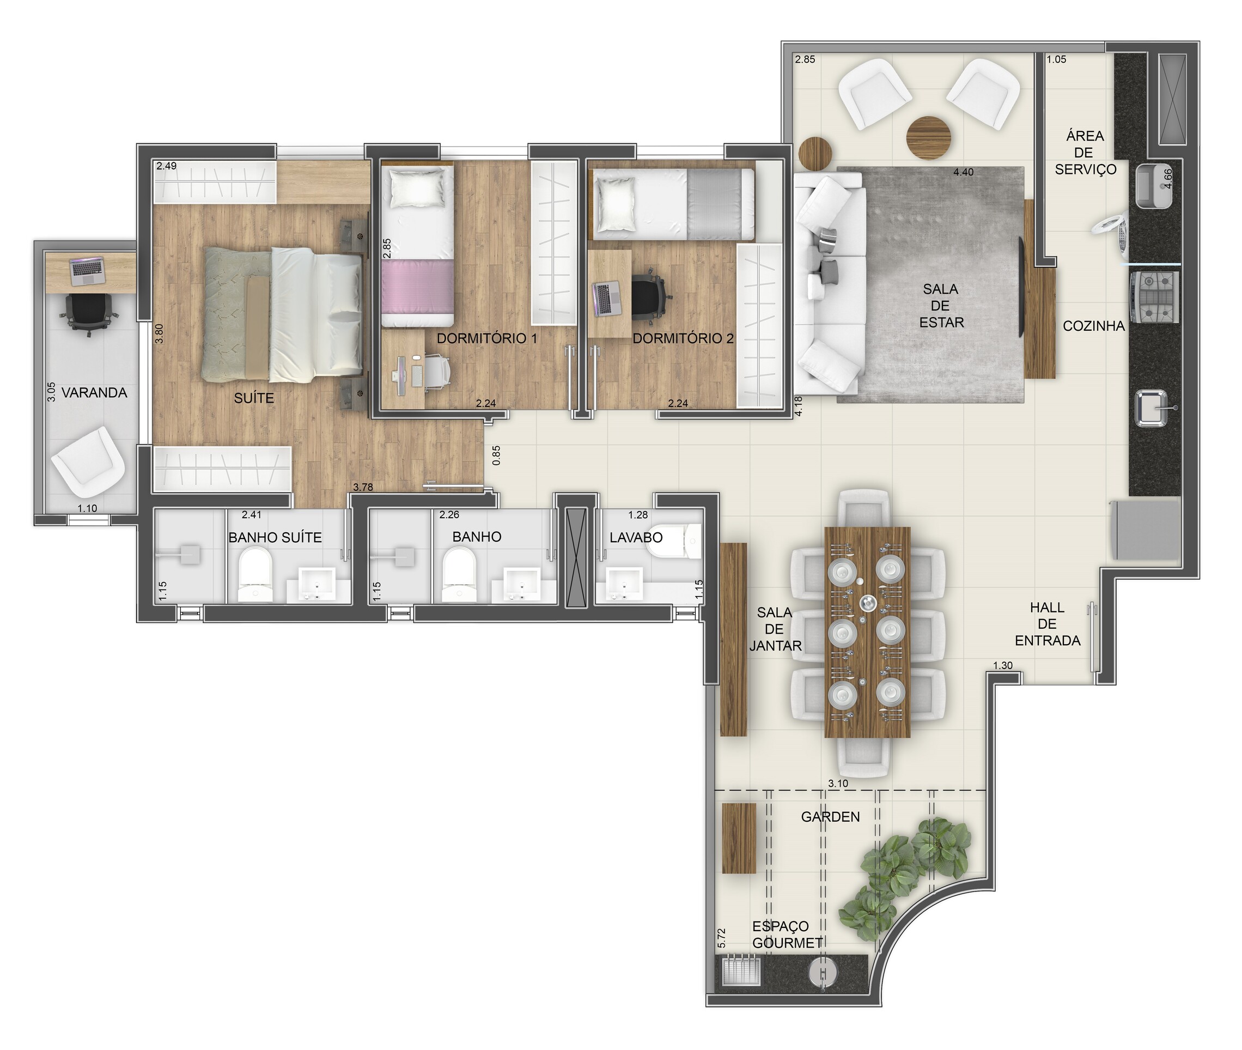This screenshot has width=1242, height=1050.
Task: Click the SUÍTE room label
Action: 254,398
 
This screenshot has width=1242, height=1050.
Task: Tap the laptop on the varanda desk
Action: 87,271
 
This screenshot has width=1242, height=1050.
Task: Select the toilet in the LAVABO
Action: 675,541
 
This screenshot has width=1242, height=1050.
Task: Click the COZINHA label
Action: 1094,326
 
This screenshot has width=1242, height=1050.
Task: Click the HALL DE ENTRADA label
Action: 1048,624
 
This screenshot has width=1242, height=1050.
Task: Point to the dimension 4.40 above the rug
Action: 964,172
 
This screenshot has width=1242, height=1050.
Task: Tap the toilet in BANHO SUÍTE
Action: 255,574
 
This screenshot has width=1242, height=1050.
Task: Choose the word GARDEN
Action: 830,817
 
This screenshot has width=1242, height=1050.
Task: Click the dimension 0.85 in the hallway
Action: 497,456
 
